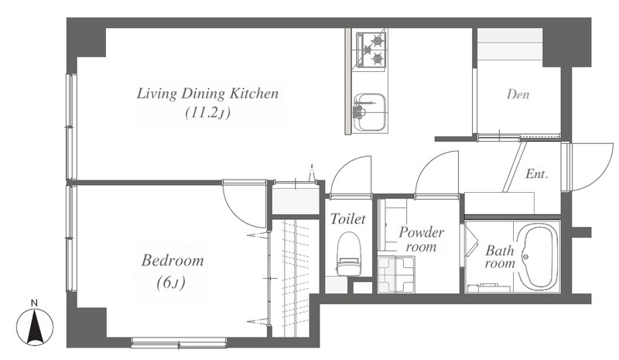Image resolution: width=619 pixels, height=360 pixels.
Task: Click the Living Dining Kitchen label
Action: (207, 94)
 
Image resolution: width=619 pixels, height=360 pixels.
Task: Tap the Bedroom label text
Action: (173, 261)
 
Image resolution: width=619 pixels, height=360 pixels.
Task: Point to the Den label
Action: (518, 94)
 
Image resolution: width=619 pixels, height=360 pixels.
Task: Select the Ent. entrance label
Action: (537, 174)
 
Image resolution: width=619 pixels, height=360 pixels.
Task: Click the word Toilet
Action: (347, 218)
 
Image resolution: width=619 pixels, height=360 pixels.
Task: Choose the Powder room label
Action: (421, 239)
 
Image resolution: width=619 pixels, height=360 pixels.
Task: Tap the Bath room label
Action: (500, 256)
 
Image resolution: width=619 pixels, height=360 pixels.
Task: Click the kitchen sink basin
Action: (370, 112)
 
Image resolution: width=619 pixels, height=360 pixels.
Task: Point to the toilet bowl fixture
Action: (350, 253)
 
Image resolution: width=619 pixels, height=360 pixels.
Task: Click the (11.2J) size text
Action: (207, 113)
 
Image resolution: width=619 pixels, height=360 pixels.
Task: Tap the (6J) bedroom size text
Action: (171, 283)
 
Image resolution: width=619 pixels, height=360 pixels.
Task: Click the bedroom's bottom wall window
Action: (179, 342)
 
